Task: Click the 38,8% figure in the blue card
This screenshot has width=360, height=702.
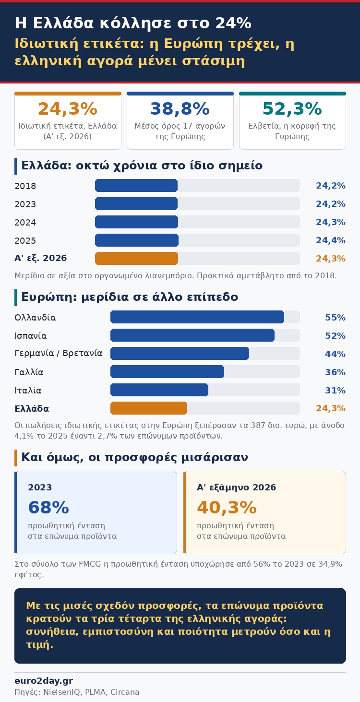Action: [x=180, y=109]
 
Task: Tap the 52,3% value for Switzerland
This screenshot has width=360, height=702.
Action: [x=292, y=109]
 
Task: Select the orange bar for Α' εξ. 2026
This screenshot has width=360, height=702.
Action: [x=136, y=259]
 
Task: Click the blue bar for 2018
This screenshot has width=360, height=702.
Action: [x=136, y=186]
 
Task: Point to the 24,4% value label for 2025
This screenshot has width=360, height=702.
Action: [x=331, y=240]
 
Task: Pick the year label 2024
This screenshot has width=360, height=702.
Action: [x=25, y=223]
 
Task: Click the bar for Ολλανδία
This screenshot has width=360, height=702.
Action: [x=197, y=317]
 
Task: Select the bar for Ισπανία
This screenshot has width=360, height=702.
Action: [x=192, y=335]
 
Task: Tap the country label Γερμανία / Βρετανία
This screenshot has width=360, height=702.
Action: [x=59, y=353]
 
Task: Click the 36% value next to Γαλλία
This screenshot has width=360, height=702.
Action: [x=335, y=372]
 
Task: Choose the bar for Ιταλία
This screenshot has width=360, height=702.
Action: [x=159, y=390]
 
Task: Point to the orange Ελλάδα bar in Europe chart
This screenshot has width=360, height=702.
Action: [x=149, y=408]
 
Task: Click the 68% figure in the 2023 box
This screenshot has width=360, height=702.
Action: [x=48, y=507]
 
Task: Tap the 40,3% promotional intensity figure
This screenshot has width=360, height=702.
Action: [x=227, y=507]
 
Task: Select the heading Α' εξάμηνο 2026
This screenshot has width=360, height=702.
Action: [x=237, y=488]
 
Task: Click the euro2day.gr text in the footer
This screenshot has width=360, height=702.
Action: [x=44, y=681]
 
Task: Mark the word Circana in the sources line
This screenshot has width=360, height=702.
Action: [x=125, y=692]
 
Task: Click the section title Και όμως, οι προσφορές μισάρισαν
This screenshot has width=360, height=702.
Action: [x=134, y=457]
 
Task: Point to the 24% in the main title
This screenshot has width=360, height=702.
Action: [x=233, y=23]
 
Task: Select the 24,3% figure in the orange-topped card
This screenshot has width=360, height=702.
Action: [x=68, y=109]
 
